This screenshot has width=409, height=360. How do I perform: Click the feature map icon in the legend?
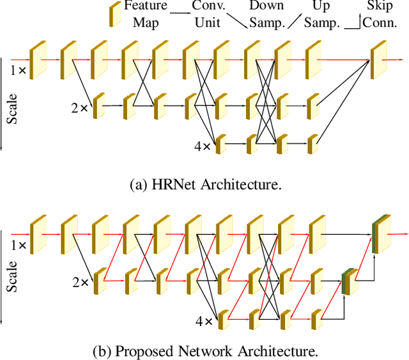[x=116, y=14]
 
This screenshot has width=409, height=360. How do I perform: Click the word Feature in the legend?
[x=146, y=6]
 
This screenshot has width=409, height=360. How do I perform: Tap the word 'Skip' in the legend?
[x=380, y=6]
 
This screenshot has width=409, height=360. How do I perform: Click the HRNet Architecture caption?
[x=205, y=185]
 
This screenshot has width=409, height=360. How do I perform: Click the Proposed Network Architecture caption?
[x=205, y=351]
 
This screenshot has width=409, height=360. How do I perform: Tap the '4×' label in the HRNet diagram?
[x=203, y=146]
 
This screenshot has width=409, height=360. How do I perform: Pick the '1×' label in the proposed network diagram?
[x=18, y=246]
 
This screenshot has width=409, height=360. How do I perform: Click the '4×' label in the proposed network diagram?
[x=203, y=321]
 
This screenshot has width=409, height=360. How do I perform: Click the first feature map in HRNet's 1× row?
[x=38, y=59]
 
